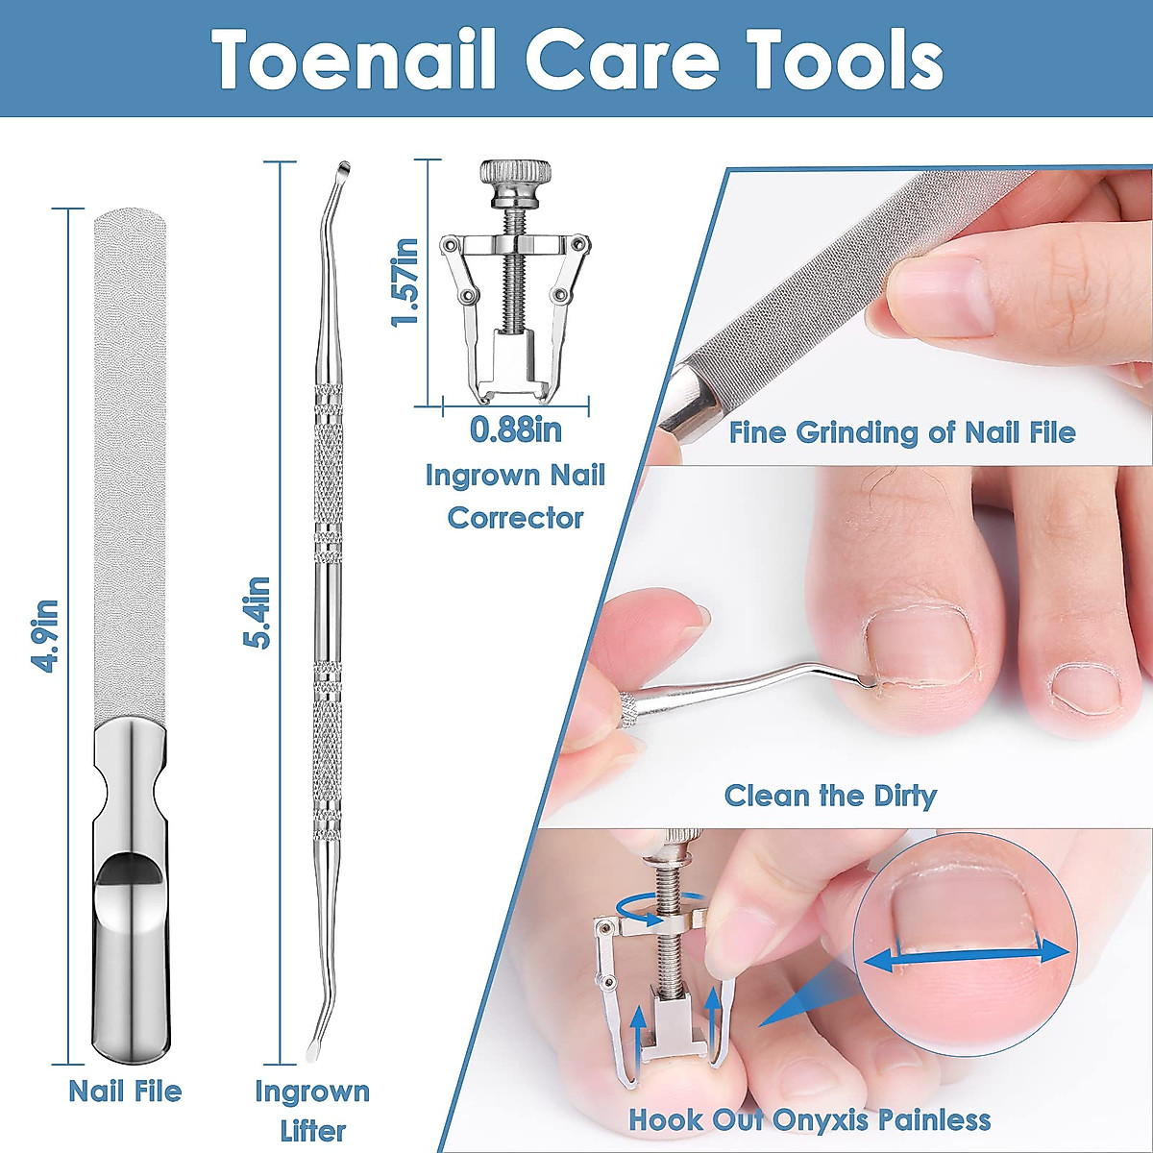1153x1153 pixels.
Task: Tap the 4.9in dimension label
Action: click(44, 635)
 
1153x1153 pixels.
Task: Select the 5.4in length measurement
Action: click(257, 612)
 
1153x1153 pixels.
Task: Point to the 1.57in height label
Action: click(405, 282)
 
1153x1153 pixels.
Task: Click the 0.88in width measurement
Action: click(516, 429)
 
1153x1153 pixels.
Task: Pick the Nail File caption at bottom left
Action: click(125, 1092)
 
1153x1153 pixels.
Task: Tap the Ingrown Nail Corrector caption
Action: click(516, 497)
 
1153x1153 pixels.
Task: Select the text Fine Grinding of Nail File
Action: click(901, 432)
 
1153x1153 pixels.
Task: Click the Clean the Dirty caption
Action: click(830, 796)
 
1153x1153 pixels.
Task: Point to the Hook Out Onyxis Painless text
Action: click(809, 1120)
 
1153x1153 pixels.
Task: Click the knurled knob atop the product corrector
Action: click(517, 178)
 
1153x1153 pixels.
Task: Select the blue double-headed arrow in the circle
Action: click(966, 953)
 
